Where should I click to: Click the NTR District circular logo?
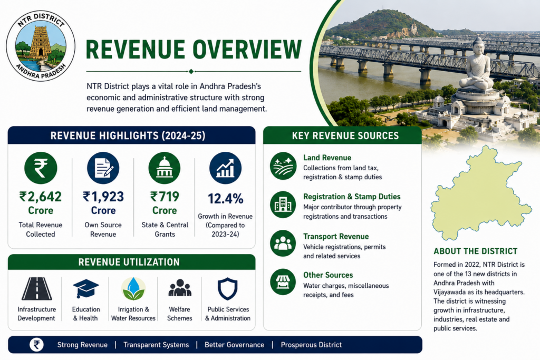[41, 46]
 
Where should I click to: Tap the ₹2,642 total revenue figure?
[41, 197]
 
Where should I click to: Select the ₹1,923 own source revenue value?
[103, 197]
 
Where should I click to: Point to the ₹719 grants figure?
[165, 197]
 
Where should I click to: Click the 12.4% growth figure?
[226, 199]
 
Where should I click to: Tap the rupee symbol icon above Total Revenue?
[41, 168]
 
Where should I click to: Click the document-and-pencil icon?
[103, 168]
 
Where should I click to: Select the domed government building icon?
[165, 168]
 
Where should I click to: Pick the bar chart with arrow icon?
[226, 168]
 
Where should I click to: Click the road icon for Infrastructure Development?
[37, 289]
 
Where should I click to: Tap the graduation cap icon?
[86, 288]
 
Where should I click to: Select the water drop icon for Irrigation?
[133, 289]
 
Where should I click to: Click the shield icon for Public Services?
[228, 289]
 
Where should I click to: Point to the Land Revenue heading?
[327, 158]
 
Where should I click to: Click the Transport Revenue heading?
[336, 237]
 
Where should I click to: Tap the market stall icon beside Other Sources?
[283, 282]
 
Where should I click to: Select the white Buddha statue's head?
[478, 45]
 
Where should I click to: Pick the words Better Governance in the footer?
[234, 345]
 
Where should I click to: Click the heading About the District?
[475, 251]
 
